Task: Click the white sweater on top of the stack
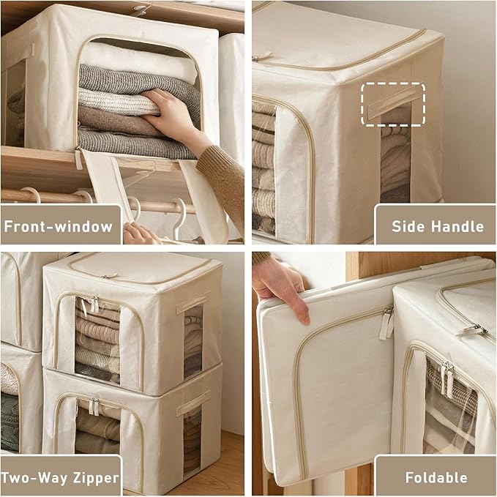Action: [138, 62]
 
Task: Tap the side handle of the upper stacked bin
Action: [193, 303]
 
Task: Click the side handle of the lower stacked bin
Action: [193, 403]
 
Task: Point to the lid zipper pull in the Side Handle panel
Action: [262, 56]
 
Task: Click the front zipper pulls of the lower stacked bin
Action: [94, 406]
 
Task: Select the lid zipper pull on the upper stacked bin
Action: [109, 277]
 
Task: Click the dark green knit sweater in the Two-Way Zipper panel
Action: [10, 422]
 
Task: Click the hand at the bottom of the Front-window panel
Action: [140, 233]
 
